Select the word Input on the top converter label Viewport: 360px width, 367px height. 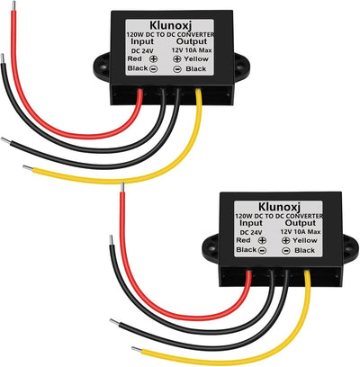tap(142, 41)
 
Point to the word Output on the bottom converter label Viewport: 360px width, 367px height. tap(301, 223)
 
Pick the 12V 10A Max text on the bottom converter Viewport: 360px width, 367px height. tap(301, 232)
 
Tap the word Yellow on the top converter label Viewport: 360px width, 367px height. tap(196, 58)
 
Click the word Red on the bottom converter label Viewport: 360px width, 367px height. tap(243, 240)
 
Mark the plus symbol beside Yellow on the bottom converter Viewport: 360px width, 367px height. tap(286, 240)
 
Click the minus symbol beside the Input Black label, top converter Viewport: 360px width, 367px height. tap(153, 69)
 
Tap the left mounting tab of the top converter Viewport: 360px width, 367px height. tap(103, 67)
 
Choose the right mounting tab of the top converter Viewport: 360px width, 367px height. tap(242, 67)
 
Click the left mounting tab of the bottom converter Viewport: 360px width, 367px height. tap(211, 248)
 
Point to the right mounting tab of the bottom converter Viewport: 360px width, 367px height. tap(350, 248)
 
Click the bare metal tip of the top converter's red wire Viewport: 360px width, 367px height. tap(13, 6)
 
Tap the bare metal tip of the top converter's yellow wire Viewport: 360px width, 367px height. tap(28, 168)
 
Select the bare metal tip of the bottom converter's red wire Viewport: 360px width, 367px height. tap(122, 187)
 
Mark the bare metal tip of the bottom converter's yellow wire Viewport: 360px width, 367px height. tap(137, 350)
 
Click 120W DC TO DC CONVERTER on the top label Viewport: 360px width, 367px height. tap(170, 35)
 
